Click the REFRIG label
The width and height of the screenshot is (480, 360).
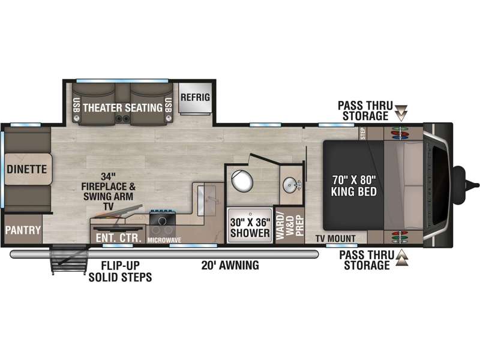point(196,97)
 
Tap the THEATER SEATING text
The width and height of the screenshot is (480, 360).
point(123,107)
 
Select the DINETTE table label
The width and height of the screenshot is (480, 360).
point(26,169)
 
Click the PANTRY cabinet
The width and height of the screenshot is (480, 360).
point(23,230)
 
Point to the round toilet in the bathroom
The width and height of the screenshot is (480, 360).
point(242,180)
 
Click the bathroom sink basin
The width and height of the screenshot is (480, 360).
point(291,185)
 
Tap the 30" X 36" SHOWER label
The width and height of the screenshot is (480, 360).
point(250,227)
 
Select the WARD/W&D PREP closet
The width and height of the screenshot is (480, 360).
point(290,226)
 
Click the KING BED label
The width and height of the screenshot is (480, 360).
point(353,191)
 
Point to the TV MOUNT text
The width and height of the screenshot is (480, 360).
point(335,238)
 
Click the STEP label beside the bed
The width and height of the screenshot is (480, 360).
point(363,134)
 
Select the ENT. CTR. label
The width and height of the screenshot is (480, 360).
point(118,238)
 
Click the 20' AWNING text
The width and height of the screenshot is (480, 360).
point(230,265)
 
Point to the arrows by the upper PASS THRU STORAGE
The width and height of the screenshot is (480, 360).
point(401,113)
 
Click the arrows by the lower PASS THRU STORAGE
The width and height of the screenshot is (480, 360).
point(402,257)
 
